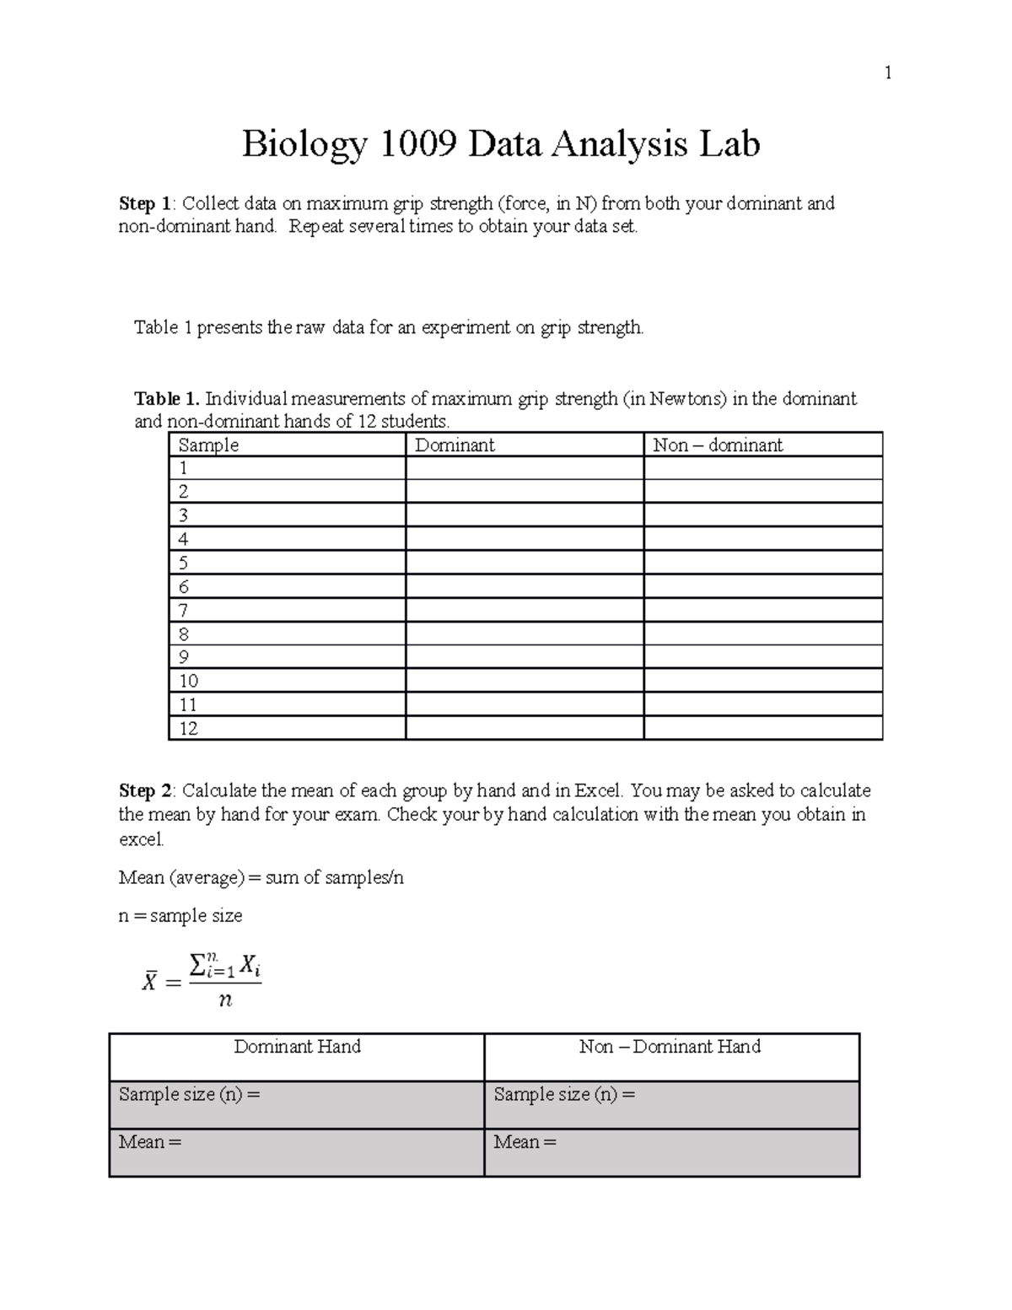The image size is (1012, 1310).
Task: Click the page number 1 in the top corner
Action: (887, 73)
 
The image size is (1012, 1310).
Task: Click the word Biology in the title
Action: (304, 144)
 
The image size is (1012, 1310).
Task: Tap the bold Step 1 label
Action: (145, 203)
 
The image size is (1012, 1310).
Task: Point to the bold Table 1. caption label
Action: (166, 399)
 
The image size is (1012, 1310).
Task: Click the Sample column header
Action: (208, 445)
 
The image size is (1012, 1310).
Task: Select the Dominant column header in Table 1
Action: (455, 445)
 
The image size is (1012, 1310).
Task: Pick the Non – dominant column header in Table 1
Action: (718, 445)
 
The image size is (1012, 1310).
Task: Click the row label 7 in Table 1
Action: (184, 611)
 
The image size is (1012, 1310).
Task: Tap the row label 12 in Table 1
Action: (188, 729)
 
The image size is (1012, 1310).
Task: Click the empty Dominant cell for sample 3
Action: (524, 515)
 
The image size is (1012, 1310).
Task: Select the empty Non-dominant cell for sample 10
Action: (762, 681)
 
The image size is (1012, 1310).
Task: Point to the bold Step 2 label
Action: (145, 791)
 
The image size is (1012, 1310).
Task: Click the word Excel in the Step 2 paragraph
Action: (598, 791)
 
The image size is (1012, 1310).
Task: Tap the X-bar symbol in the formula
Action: (149, 983)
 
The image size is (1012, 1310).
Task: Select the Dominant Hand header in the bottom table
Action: (297, 1047)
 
